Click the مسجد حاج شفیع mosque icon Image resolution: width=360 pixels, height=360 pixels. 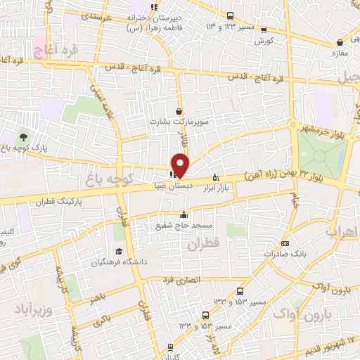[184, 215]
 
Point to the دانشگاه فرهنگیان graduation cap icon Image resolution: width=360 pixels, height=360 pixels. [119, 252]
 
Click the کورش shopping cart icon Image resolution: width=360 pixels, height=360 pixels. [263, 30]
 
